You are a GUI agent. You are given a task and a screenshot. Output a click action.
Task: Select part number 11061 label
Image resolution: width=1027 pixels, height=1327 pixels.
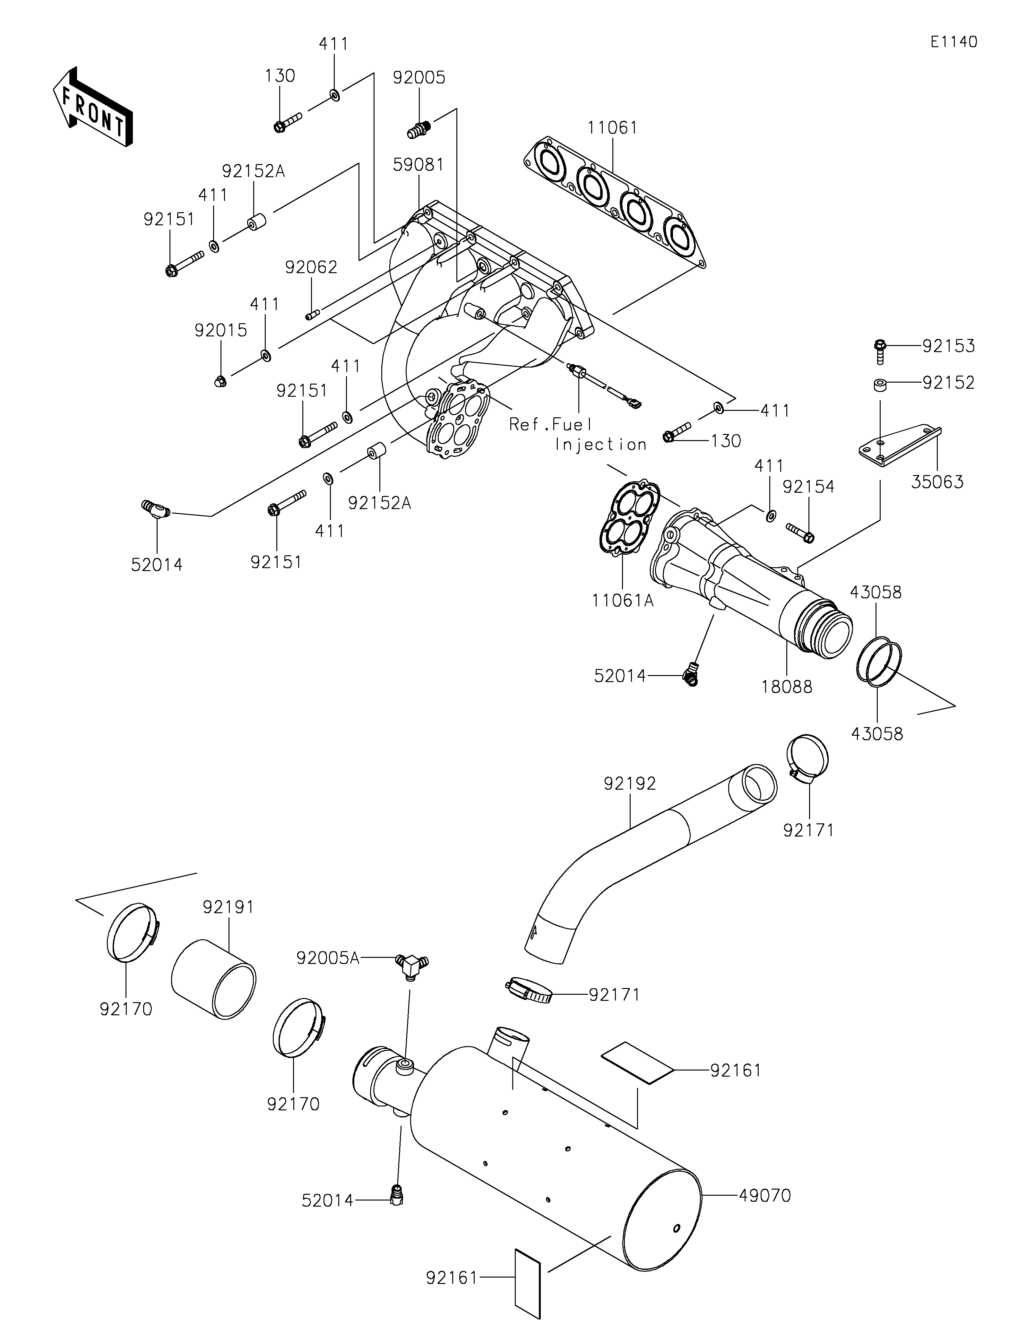[612, 128]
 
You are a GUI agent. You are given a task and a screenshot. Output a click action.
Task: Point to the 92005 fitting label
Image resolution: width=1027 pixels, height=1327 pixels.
[419, 78]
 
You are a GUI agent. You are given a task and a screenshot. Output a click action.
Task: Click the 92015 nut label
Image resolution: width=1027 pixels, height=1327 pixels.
[221, 331]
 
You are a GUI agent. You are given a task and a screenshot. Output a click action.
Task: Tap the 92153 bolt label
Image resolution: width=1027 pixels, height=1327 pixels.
[948, 346]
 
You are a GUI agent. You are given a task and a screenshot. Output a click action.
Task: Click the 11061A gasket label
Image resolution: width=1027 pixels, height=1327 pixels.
[623, 600]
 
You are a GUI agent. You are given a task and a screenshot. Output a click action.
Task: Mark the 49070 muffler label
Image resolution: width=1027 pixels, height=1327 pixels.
[764, 1196]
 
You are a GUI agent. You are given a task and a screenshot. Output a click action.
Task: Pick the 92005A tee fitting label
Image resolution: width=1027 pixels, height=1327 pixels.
[328, 958]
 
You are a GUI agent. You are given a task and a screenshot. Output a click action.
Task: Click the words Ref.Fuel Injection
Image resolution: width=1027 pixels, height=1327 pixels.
[577, 434]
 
